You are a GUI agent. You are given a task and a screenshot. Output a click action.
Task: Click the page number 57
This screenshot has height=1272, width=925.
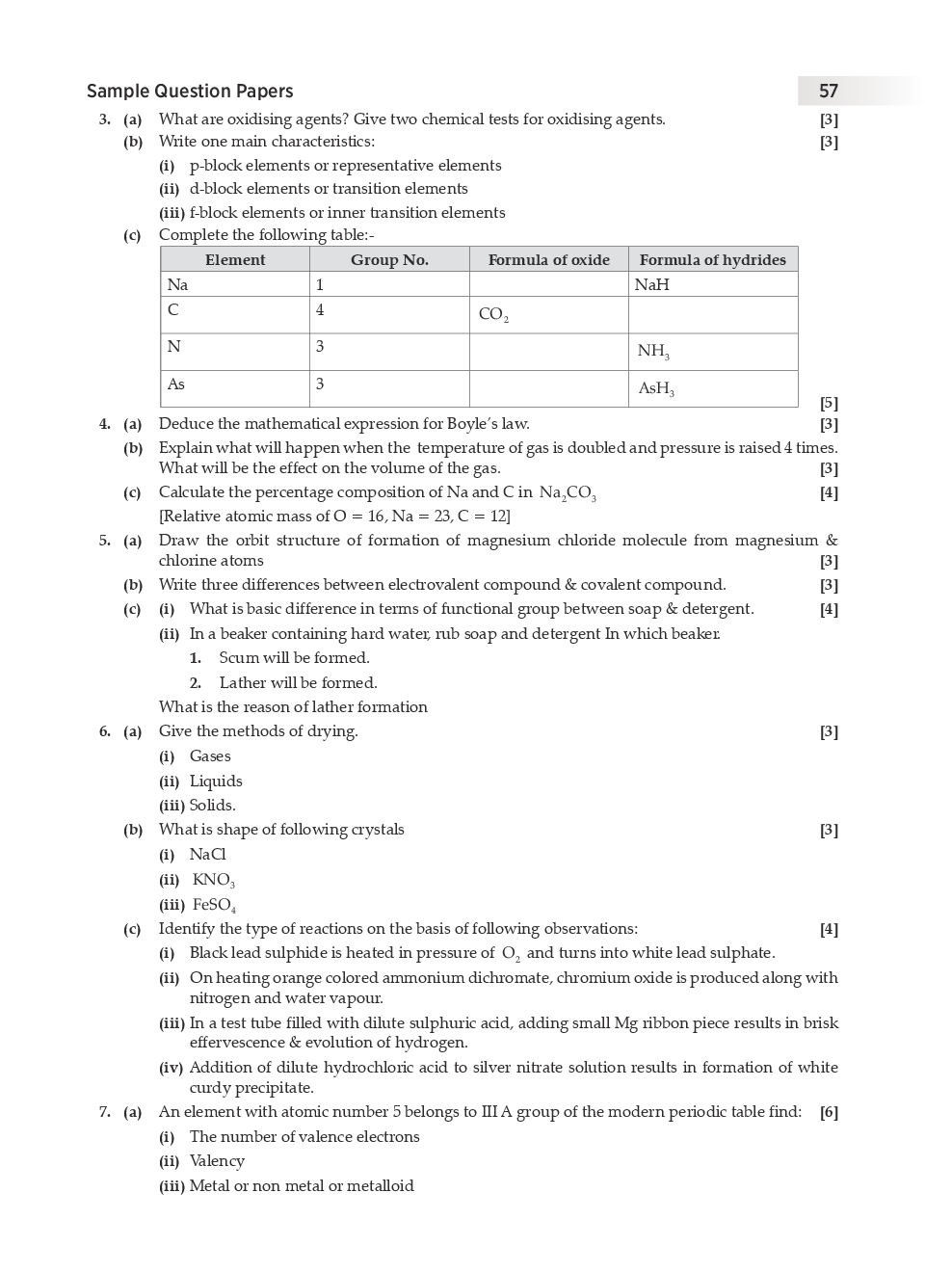829,92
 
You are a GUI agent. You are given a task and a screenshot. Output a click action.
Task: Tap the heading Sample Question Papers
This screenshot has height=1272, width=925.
190,92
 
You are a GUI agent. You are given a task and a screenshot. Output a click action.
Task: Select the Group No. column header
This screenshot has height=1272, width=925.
389,260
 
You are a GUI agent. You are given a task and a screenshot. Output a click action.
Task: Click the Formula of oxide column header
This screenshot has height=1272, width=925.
548,260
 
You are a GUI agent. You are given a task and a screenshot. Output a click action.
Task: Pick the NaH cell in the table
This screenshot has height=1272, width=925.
652,285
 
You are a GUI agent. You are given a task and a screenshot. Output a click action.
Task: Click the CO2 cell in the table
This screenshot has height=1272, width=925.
493,315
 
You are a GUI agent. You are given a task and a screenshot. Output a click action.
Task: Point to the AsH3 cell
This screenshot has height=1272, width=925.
656,388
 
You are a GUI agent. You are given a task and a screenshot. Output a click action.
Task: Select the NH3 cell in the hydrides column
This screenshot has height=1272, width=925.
653,352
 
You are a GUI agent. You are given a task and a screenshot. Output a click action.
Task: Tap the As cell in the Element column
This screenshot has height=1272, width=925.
176,384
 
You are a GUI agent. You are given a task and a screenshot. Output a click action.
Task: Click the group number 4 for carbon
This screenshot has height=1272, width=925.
320,310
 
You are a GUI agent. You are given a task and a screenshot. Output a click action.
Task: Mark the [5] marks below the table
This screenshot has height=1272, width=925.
829,404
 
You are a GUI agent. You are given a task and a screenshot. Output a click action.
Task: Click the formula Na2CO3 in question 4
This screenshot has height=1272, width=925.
568,493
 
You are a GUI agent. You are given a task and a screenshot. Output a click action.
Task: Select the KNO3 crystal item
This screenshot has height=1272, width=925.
213,880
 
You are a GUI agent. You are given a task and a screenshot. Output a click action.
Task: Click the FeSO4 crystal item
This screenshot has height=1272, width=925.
214,905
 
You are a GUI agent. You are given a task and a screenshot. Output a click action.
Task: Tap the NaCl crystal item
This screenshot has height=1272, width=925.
207,855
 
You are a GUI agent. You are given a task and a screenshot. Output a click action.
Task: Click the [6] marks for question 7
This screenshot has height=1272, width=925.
829,1113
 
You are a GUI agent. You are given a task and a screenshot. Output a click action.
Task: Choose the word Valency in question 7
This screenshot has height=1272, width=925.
217,1161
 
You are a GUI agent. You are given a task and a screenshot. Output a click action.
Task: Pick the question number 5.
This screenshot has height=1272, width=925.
104,541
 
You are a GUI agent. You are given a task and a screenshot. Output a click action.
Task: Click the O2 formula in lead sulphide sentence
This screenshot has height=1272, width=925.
511,954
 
